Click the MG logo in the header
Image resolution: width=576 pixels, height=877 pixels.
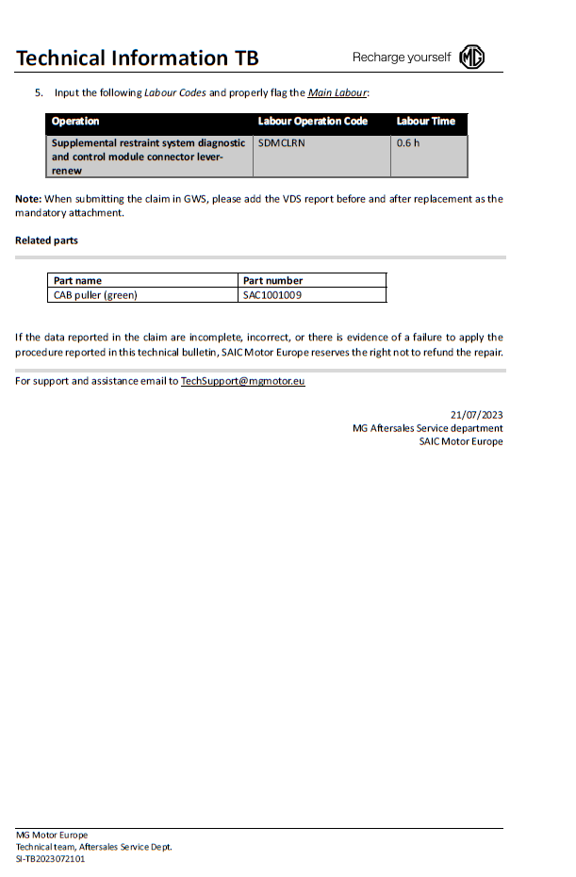pyautogui.click(x=471, y=58)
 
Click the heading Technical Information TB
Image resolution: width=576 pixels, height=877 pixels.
pyautogui.click(x=137, y=58)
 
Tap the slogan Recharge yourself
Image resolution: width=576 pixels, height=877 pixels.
pyautogui.click(x=402, y=58)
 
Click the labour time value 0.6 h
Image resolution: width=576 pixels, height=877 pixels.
pyautogui.click(x=408, y=143)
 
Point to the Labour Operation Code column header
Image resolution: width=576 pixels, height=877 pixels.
pyautogui.click(x=313, y=122)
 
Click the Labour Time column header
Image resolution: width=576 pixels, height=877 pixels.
pyautogui.click(x=425, y=122)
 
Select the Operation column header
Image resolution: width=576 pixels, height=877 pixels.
pyautogui.click(x=75, y=122)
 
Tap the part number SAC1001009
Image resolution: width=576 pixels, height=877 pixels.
pyautogui.click(x=272, y=295)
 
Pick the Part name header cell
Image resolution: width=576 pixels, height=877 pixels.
pyautogui.click(x=77, y=280)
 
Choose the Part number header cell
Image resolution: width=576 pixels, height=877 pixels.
pyautogui.click(x=272, y=280)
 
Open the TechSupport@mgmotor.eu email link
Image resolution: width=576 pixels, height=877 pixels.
pyautogui.click(x=242, y=381)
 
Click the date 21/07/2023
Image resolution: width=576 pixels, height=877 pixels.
pyautogui.click(x=477, y=415)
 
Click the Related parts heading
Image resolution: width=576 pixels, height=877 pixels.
pyautogui.click(x=46, y=240)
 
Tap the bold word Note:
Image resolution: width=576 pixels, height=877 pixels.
pyautogui.click(x=28, y=199)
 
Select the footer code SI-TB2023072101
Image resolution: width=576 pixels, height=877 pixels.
pyautogui.click(x=50, y=859)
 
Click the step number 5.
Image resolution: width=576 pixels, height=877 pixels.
pyautogui.click(x=39, y=92)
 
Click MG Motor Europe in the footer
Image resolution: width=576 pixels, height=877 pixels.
pyautogui.click(x=52, y=835)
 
